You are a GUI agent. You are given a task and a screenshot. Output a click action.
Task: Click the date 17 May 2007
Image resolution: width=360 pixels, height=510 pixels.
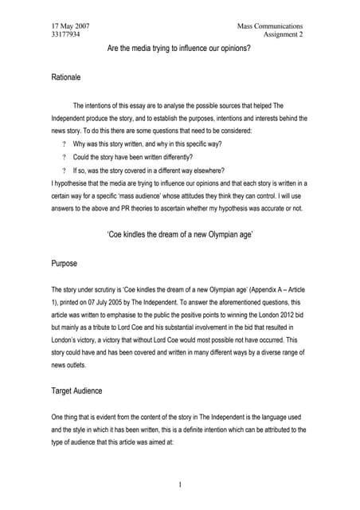pyautogui.click(x=70, y=26)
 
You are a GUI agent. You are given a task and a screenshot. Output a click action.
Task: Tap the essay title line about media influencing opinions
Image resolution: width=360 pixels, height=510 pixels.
pyautogui.click(x=179, y=49)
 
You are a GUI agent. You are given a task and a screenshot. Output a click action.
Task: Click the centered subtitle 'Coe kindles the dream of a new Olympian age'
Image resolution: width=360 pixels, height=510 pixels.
pyautogui.click(x=179, y=236)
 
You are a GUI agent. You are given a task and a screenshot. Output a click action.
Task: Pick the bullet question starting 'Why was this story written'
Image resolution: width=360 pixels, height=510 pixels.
pyautogui.click(x=147, y=143)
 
